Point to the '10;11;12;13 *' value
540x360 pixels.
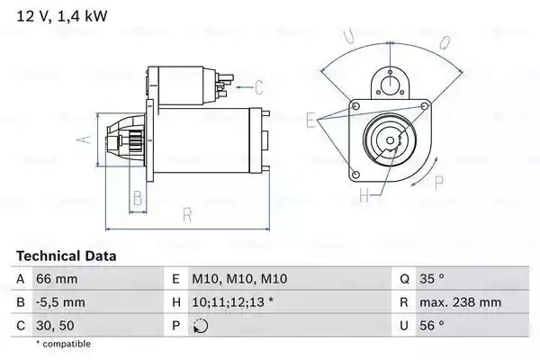(230, 303)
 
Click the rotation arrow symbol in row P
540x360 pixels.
(201, 326)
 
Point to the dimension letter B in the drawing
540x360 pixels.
(138, 198)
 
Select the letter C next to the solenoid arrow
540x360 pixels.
(258, 87)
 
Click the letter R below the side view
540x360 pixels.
(186, 215)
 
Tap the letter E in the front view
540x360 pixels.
(310, 119)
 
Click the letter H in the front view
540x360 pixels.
(364, 193)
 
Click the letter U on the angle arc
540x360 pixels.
(348, 36)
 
